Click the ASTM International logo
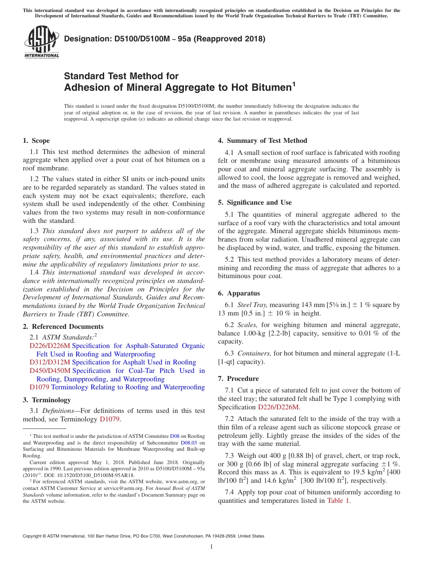coord(41,42)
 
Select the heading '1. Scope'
coord(36,141)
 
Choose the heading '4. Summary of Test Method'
coord(262,141)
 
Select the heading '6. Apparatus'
coord(239,293)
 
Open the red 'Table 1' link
coord(338,500)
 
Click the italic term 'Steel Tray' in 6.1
coord(252,305)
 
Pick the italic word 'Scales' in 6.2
coord(248,325)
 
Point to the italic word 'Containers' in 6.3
coord(254,353)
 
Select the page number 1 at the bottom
coord(211,546)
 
